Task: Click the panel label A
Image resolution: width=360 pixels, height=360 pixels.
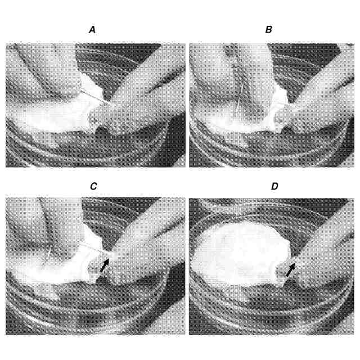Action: click(x=92, y=30)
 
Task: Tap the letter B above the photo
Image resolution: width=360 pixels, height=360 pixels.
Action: click(x=269, y=30)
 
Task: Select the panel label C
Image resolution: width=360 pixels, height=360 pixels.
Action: click(x=93, y=186)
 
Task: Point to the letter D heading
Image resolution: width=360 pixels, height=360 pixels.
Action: click(x=274, y=186)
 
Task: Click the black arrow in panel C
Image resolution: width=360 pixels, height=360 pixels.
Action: click(x=105, y=265)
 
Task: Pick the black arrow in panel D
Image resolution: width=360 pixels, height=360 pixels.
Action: click(x=290, y=269)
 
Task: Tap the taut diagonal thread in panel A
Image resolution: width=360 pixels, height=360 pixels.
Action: click(x=97, y=97)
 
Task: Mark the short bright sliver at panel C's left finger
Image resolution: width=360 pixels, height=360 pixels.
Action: click(x=49, y=253)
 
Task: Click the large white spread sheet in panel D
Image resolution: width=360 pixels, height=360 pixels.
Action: click(x=241, y=253)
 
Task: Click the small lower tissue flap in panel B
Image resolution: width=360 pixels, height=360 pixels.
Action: click(x=236, y=139)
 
